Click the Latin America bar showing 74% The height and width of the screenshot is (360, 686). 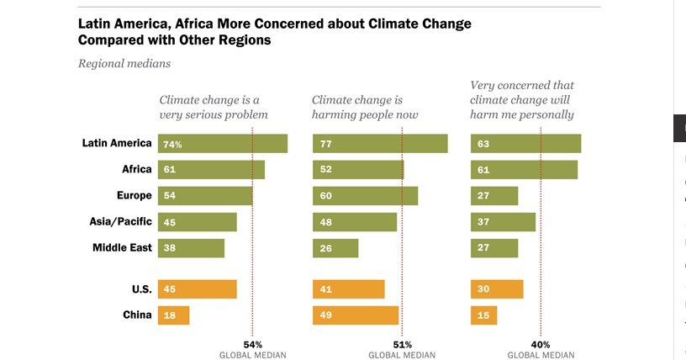point(223,144)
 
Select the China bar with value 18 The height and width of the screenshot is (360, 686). point(173,315)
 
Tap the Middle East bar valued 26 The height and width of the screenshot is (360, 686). point(335,248)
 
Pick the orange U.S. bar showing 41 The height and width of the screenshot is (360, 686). point(348,289)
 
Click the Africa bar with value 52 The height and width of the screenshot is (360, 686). point(357,170)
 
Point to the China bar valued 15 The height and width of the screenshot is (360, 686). point(483,315)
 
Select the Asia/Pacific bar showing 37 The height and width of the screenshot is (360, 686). point(503,222)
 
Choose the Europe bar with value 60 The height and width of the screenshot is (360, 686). point(365,196)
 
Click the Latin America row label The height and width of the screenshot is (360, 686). point(117,143)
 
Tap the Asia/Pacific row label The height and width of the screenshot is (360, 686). point(120,221)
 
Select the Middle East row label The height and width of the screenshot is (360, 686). point(122,247)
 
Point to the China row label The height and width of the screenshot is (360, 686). point(138,315)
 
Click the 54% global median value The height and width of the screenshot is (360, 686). point(253,344)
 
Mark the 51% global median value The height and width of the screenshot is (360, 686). point(402,344)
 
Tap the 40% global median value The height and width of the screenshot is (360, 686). point(540,344)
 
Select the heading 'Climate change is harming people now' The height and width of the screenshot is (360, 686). point(366,108)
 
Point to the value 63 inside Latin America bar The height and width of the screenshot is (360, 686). point(483,145)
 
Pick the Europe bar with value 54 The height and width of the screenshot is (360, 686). point(205,196)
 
